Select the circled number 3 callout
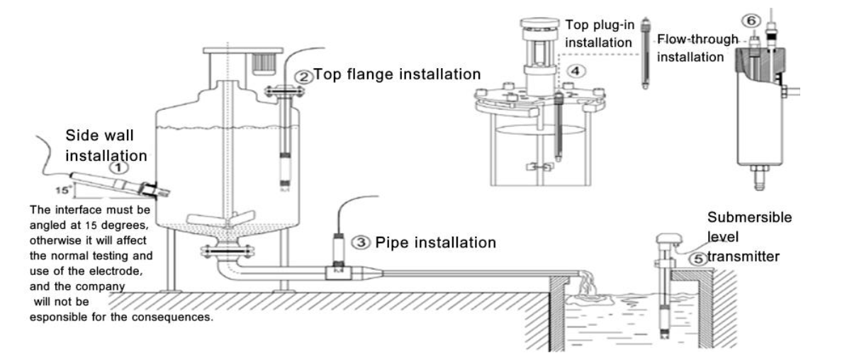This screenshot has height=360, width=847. (x=361, y=242)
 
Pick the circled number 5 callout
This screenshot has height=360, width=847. (x=698, y=260)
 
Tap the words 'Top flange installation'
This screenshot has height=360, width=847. (x=396, y=74)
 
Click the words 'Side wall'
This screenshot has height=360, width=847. (x=99, y=135)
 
